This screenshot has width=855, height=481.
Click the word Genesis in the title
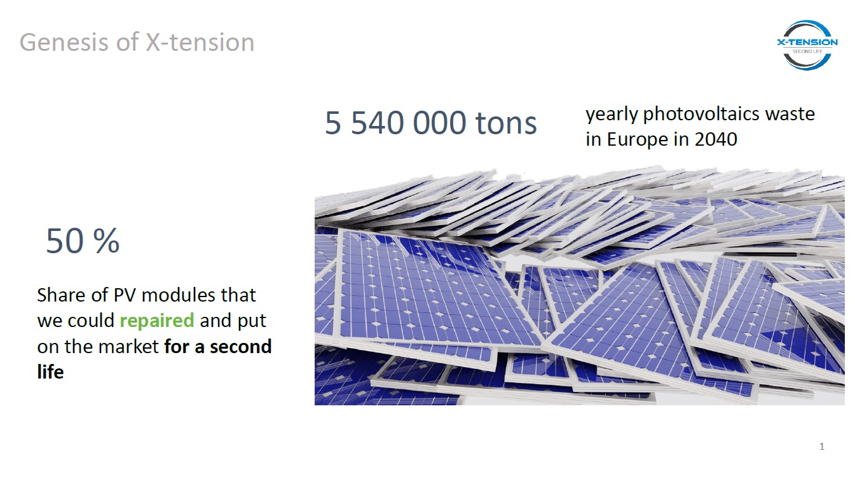point(64,43)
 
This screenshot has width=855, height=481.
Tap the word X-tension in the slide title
point(200,42)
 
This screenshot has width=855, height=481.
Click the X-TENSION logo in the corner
point(807,45)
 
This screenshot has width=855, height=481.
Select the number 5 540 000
point(395,123)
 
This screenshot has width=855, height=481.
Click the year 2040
point(716,139)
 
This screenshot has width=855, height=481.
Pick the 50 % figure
point(83,240)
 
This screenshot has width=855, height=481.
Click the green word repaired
point(157,321)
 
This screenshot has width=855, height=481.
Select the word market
point(128,347)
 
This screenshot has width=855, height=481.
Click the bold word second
point(240,347)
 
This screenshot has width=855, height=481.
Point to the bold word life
point(50,372)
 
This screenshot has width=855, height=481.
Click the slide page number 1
point(822,446)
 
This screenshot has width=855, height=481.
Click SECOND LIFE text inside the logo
point(807,52)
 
